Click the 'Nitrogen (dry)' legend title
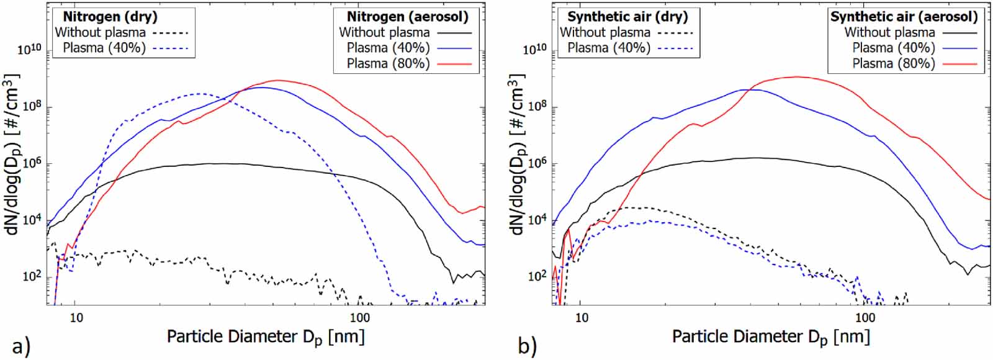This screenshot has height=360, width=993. point(110,17)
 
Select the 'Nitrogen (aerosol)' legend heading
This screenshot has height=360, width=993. point(407,17)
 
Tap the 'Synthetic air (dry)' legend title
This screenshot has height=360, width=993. point(627,17)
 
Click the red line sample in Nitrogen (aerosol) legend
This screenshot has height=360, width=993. point(454,64)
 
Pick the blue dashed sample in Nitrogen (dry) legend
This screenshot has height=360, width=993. point(169,48)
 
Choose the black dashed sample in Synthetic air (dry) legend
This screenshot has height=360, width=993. point(674,33)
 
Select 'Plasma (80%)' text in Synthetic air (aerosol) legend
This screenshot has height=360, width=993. point(893,64)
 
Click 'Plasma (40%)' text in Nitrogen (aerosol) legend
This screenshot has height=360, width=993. point(388,48)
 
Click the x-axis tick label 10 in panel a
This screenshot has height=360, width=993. point(76,318)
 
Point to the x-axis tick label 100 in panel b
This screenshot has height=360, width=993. point(865,318)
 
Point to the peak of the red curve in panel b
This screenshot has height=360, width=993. point(796,77)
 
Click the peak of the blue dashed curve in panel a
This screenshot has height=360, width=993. point(199,94)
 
